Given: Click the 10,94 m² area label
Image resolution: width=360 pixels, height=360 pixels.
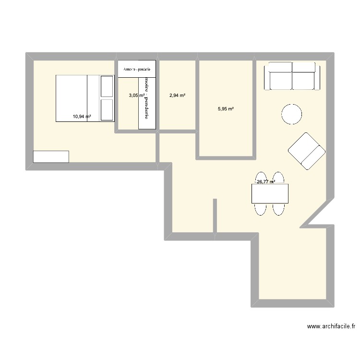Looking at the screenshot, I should [x=82, y=116].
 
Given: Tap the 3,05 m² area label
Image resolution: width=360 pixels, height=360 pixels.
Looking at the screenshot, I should [x=136, y=96].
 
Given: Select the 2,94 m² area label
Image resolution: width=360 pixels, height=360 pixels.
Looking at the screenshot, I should [x=177, y=96].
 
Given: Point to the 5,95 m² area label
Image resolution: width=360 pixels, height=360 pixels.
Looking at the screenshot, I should [x=226, y=109].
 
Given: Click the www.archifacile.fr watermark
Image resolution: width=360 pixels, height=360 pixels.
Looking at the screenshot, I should [x=331, y=326].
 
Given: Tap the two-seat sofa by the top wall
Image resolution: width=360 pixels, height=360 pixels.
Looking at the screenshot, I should [x=292, y=76].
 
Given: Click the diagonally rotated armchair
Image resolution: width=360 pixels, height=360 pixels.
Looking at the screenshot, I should [x=307, y=151].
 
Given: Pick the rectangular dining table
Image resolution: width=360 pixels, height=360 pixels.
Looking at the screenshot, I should [x=270, y=193].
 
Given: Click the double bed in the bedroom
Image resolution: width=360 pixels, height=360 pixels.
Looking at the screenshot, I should [x=85, y=98].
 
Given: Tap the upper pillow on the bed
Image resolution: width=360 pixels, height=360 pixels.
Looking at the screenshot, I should [x=106, y=85].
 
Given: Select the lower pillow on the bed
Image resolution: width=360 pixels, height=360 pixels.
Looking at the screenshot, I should [x=106, y=110].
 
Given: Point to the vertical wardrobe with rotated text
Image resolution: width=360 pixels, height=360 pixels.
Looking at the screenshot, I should [x=147, y=103].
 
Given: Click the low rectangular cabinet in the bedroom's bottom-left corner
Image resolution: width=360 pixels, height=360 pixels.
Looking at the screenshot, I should [x=51, y=156].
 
